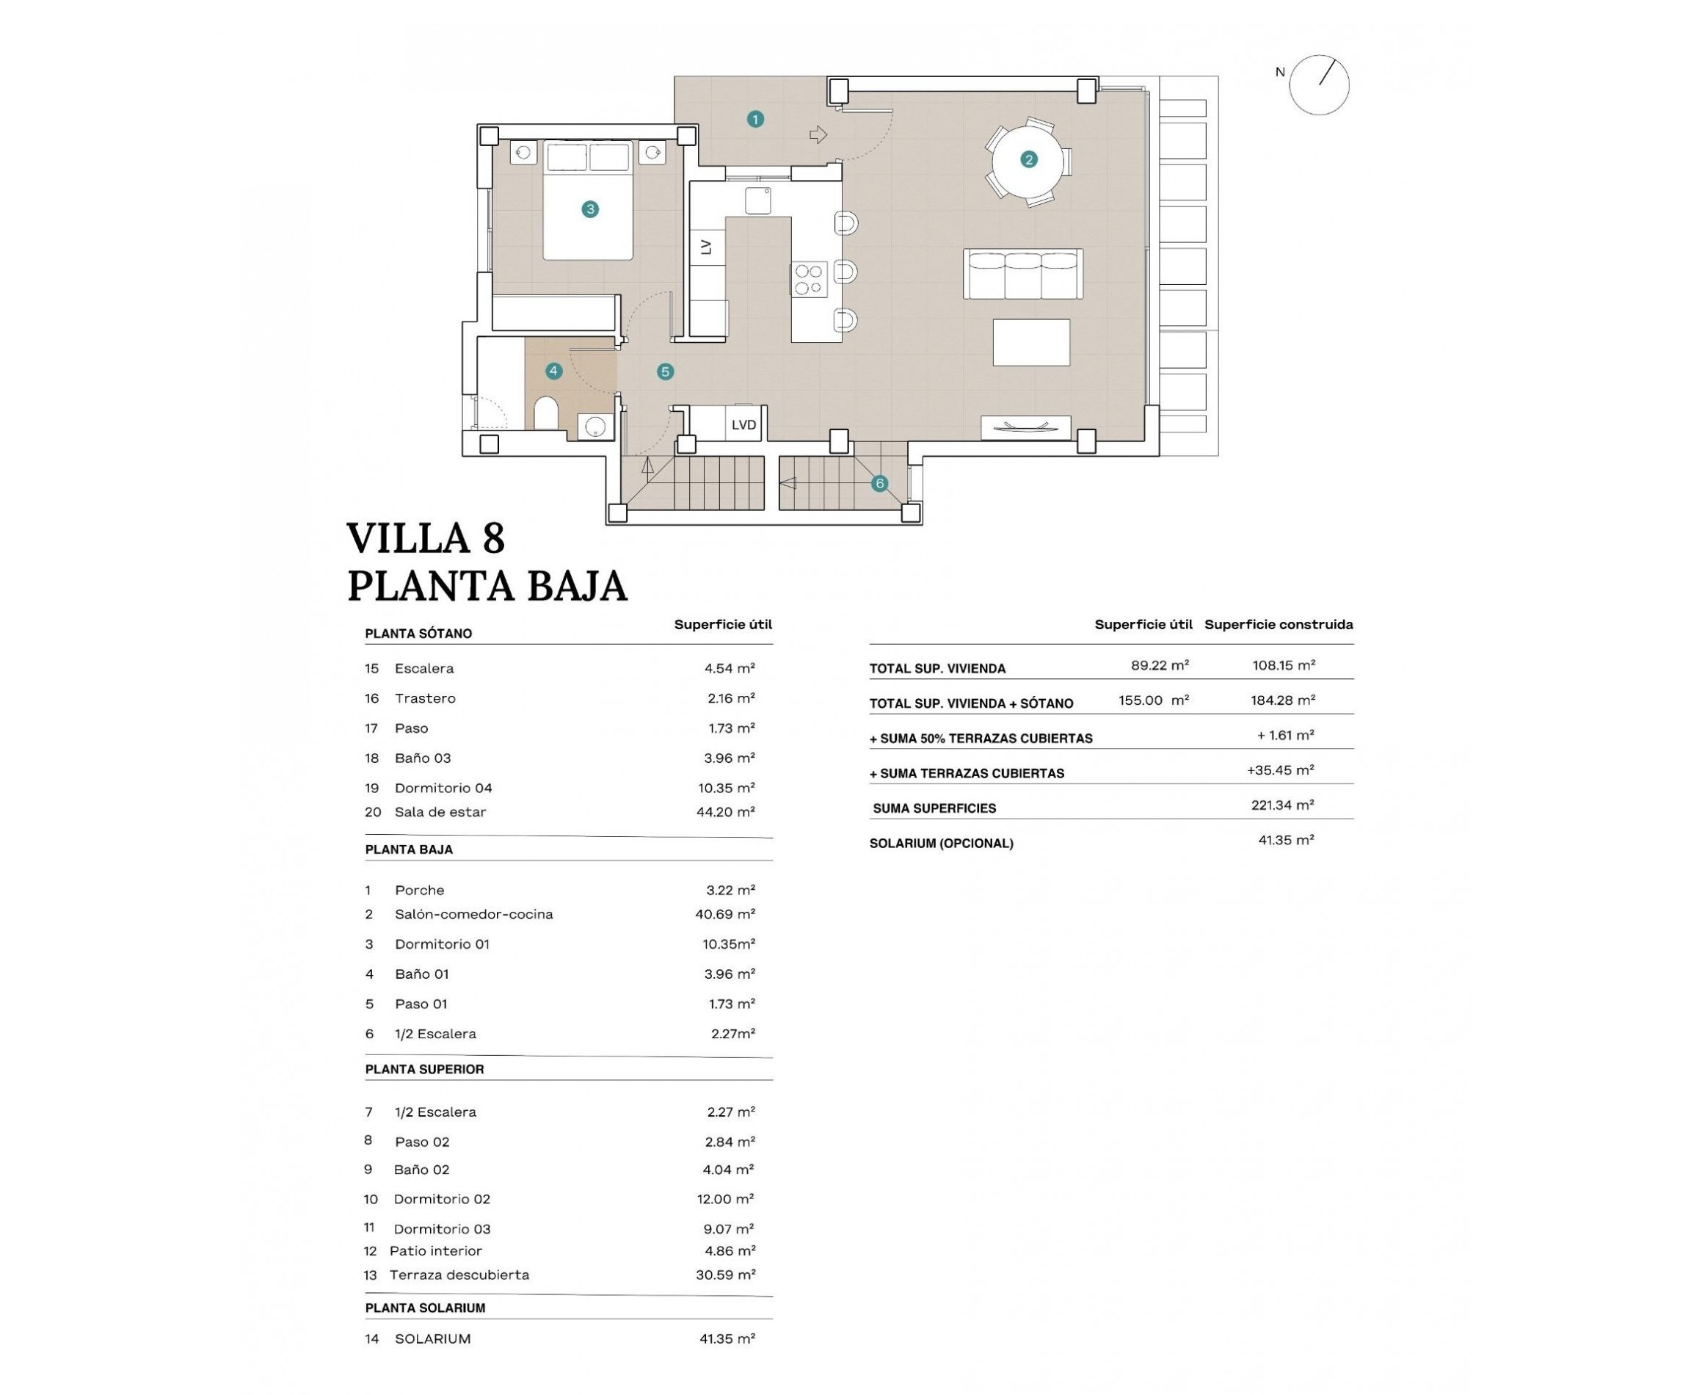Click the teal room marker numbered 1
[x=754, y=120]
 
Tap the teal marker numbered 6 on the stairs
[x=880, y=483]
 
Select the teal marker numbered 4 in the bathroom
[x=553, y=372]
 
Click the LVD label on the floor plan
[x=743, y=425]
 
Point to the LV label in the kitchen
[x=707, y=247]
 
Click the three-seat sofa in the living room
[x=1022, y=273]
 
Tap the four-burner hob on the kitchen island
[x=809, y=280]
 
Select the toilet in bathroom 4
[x=546, y=413]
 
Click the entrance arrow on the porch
[x=818, y=135]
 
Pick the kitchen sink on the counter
[x=757, y=201]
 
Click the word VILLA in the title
[x=408, y=538]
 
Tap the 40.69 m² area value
[x=724, y=913]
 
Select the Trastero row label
[x=425, y=698]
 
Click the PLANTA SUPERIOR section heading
[x=424, y=1069]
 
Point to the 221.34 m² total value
[x=1282, y=805]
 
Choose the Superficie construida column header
[x=1278, y=624]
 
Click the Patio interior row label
[x=435, y=1250]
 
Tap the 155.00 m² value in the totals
[x=1154, y=700]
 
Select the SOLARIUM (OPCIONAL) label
[x=941, y=843]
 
